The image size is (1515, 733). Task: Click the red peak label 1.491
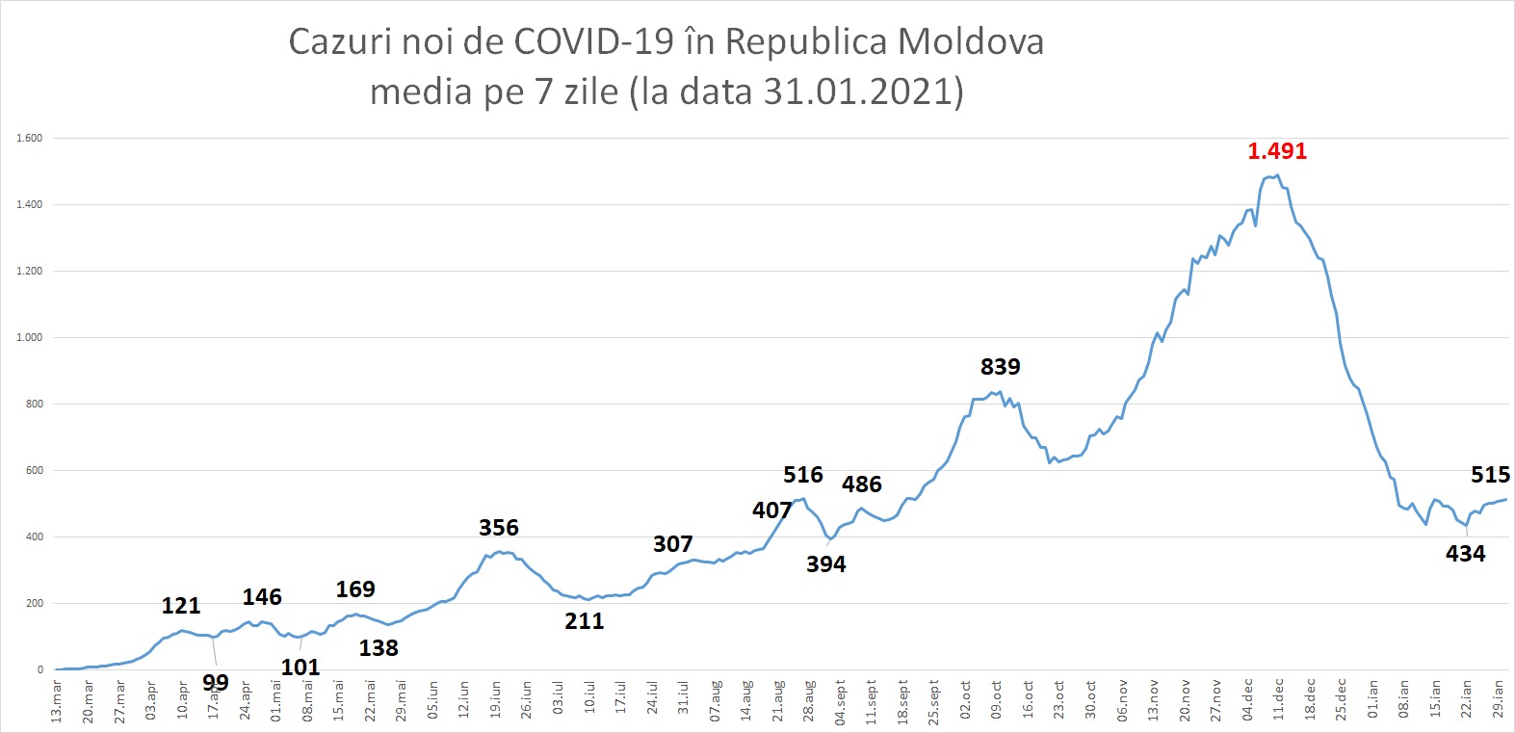tap(1277, 151)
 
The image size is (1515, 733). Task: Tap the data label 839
tap(1000, 367)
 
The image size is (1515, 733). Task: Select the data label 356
tap(498, 528)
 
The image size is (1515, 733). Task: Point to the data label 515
tap(1490, 475)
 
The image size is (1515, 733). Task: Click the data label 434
tap(1465, 554)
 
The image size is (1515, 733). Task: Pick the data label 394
tap(825, 564)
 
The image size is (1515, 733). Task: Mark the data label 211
tap(584, 621)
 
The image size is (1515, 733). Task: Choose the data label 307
tap(672, 544)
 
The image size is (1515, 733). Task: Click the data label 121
tap(180, 606)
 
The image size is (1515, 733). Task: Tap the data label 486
tap(861, 484)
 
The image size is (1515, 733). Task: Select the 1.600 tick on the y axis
tap(29, 138)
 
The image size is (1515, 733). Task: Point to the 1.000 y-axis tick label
tap(29, 337)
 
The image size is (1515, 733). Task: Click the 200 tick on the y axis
tap(35, 603)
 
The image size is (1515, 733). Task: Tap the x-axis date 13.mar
tap(56, 700)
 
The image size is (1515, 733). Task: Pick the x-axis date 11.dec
tap(1278, 699)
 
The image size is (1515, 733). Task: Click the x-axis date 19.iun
tap(495, 699)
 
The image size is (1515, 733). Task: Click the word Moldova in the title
tap(971, 42)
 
